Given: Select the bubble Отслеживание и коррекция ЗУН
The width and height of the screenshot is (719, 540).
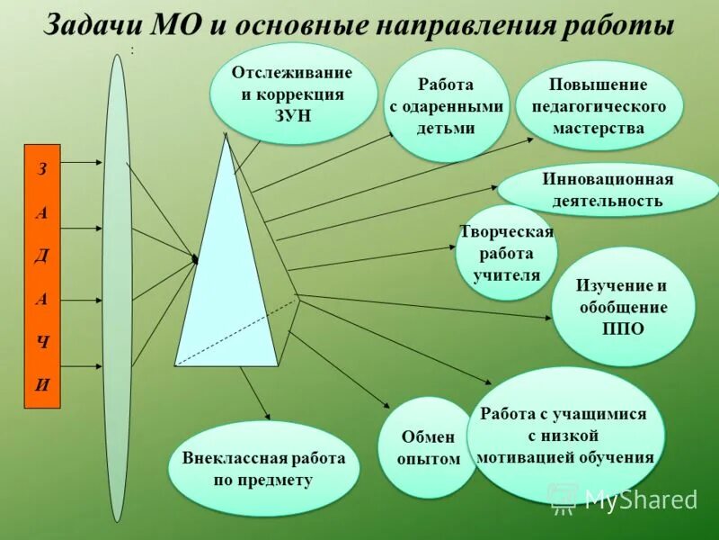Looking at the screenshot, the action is pos(292,94).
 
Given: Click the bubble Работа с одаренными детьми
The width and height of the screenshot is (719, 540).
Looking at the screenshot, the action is pos(446,105).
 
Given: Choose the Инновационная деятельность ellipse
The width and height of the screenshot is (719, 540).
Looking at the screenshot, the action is pos(608,190).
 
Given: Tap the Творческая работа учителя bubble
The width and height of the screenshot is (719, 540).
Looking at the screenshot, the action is pos(506,254).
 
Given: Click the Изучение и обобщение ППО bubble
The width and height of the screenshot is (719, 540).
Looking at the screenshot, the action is pos(623,306).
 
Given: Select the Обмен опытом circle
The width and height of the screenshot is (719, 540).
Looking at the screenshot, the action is pos(429,447).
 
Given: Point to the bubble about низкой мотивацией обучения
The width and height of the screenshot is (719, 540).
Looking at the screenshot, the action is pos(564,436).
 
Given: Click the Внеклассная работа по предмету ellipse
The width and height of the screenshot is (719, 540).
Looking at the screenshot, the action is pos(263,468).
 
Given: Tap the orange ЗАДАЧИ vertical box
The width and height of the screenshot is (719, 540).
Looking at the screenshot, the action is pos(42,276).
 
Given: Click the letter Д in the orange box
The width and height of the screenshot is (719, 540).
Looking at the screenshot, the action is pos(42,255).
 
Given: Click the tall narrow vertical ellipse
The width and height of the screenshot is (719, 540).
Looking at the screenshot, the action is pos(117,288).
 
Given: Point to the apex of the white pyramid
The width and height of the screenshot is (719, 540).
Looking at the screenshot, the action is pos(226,136).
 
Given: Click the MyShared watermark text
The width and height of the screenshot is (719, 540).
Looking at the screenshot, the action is pos(640,500).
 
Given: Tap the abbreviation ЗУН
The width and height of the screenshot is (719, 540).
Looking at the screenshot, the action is pos(292,114).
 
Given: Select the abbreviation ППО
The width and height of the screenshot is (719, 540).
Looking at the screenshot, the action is pos(623,328).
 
